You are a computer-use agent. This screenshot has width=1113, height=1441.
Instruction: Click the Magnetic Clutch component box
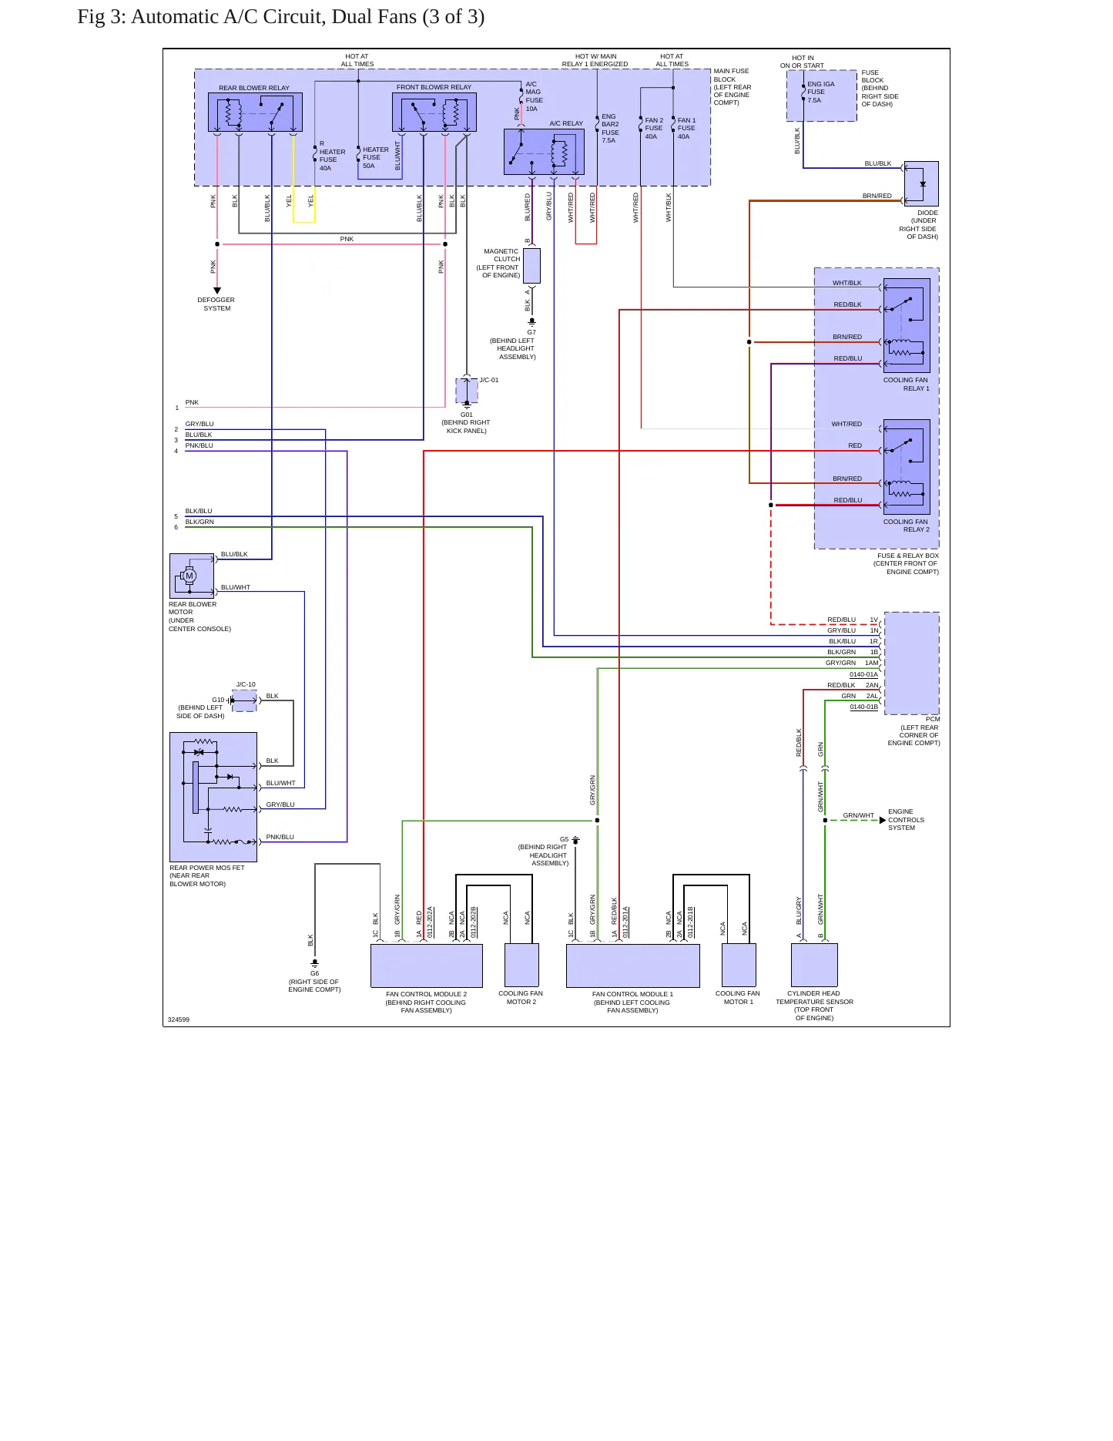click(531, 266)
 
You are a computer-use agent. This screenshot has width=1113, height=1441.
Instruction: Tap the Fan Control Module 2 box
click(427, 966)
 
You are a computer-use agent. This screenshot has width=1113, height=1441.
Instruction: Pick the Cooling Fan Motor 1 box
click(739, 965)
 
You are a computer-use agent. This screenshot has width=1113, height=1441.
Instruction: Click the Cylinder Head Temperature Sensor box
click(814, 965)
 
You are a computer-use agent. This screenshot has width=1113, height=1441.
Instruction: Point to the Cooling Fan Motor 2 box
click(521, 965)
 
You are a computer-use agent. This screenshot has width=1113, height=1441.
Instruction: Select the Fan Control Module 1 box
click(633, 966)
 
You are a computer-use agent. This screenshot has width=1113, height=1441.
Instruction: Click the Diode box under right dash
click(921, 183)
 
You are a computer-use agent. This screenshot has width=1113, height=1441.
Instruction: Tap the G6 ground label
click(314, 973)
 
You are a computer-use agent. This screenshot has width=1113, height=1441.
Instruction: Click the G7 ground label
click(531, 332)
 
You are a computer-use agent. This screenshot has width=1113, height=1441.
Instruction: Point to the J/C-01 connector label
click(489, 380)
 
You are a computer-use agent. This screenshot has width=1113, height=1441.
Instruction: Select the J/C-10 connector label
click(246, 684)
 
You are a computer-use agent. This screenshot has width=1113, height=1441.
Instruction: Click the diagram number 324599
click(179, 1019)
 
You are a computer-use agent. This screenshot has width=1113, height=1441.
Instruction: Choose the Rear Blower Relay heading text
click(254, 88)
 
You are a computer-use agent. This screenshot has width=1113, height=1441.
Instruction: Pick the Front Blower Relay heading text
click(434, 87)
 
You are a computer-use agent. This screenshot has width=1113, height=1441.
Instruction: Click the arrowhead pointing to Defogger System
click(217, 291)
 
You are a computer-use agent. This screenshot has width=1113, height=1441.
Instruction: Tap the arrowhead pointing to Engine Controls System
click(883, 820)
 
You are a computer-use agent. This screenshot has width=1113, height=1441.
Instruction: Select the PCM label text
click(933, 719)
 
